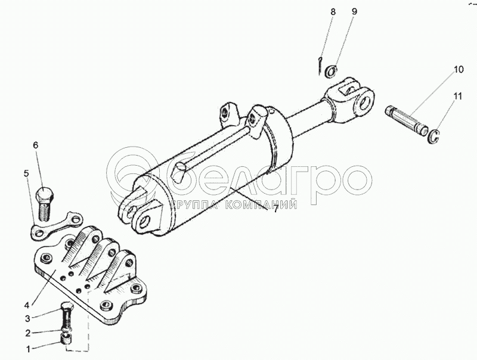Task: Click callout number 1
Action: pos(28,349)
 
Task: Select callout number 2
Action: pos(28,333)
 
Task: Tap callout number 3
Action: pos(27,318)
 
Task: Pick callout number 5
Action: pos(26,173)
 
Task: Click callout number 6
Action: pos(36,145)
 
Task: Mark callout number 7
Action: pos(275,209)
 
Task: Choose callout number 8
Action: pos(333,12)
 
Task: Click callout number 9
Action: pos(354,12)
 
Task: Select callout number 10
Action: pos(459,69)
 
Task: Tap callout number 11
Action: pos(458,97)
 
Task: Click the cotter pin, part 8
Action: pos(320,65)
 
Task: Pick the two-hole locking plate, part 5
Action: pos(57,226)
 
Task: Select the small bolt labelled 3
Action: pos(67,315)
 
